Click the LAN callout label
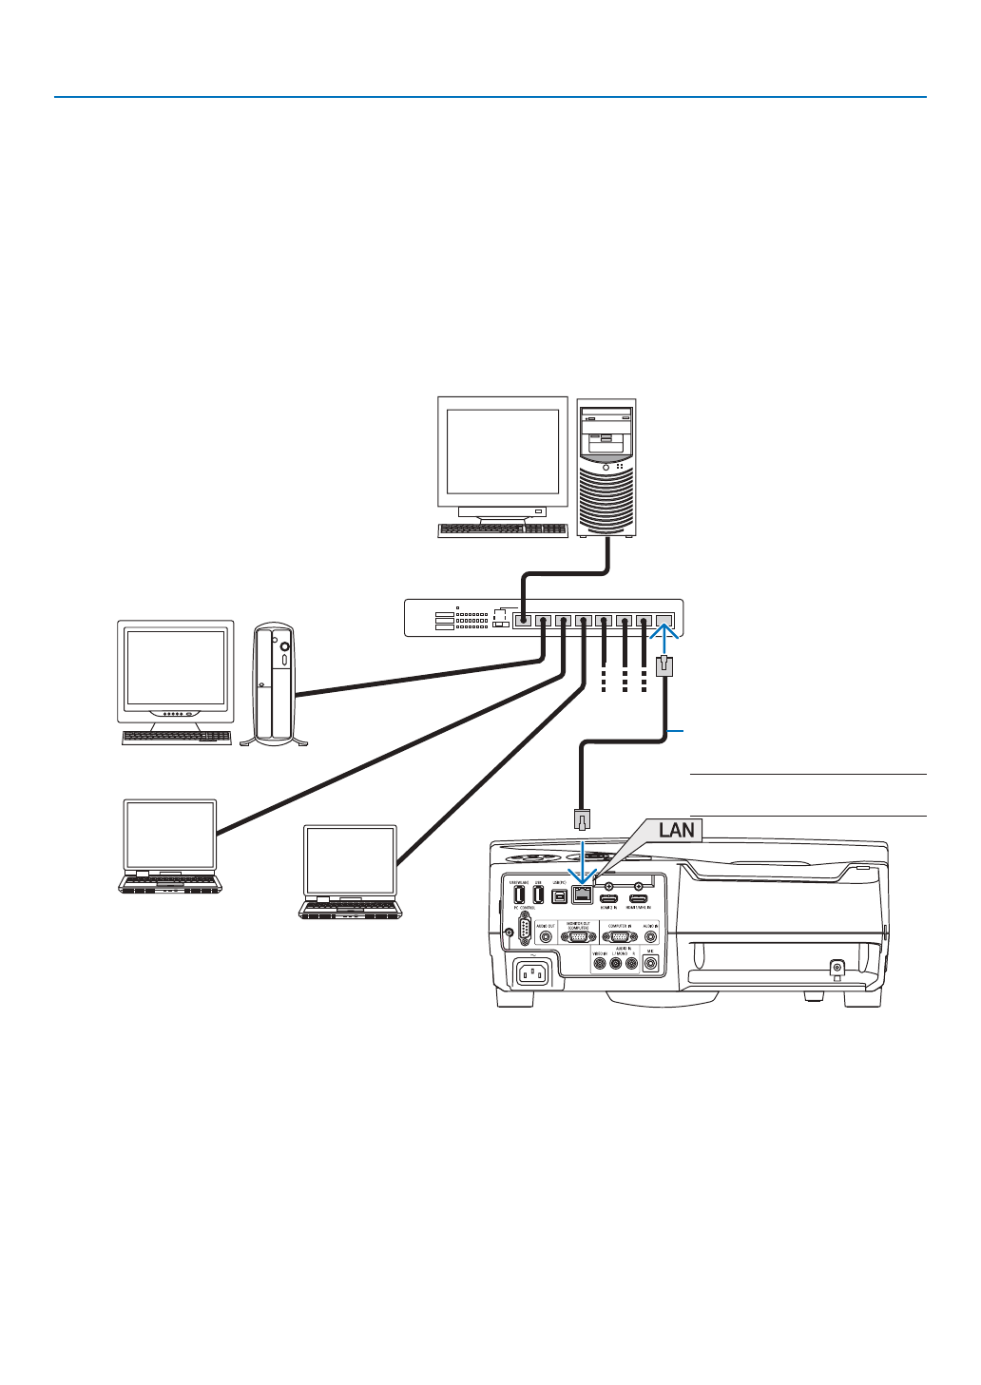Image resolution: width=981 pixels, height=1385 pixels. coord(677,830)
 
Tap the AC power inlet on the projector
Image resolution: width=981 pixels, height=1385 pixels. coord(534,973)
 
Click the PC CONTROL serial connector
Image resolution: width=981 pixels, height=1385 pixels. coord(526,927)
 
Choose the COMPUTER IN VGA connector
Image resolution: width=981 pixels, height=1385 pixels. coord(619,936)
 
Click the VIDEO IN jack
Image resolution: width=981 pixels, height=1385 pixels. coord(600,964)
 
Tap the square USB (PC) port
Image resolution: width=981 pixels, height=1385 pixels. coord(559,895)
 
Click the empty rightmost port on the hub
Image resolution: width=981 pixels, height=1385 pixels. coord(665,621)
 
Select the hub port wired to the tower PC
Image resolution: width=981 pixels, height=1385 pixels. coord(522,621)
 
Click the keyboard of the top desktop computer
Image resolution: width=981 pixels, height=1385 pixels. coord(502,530)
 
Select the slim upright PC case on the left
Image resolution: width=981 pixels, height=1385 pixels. coord(274,682)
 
